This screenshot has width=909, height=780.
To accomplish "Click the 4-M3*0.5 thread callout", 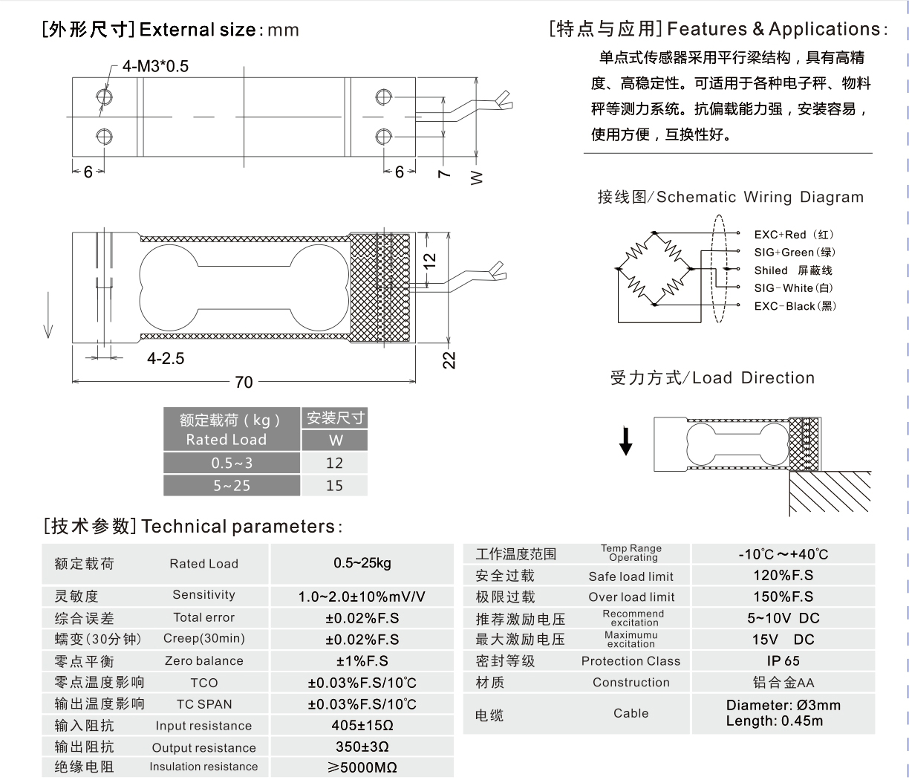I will [x=155, y=66].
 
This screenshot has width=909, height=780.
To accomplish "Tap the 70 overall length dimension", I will [x=244, y=382].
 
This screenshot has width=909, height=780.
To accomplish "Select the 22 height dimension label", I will [x=449, y=360].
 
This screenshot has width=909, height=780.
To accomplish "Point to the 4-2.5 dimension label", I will [x=166, y=358].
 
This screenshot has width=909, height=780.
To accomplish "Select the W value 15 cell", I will [x=335, y=485].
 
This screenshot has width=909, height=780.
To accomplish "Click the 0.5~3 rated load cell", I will [x=232, y=463].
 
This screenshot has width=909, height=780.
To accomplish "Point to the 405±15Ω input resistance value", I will [x=362, y=726].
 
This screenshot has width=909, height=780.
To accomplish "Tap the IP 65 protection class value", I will [x=783, y=660].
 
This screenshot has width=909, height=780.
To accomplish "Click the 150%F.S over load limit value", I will [x=783, y=597].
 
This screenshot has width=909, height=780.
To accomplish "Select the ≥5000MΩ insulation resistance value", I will [x=362, y=767].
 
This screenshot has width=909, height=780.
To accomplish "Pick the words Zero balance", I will [x=203, y=660].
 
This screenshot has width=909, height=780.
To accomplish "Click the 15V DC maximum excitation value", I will [x=783, y=639].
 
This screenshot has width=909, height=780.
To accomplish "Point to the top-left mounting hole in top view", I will [x=104, y=97].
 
